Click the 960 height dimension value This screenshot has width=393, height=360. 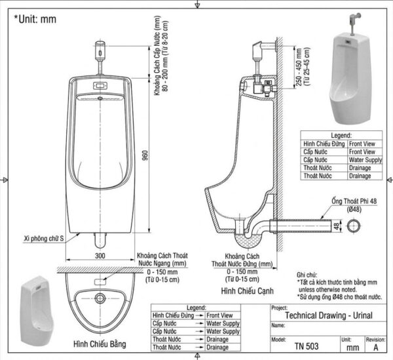tap(145, 155)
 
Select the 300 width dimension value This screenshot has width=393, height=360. tap(100, 256)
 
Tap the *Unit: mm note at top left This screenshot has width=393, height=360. tap(35, 19)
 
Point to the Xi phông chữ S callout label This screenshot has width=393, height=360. tap(44, 238)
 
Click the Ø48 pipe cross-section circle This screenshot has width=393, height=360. tap(354, 226)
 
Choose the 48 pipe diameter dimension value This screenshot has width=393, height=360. tap(337, 226)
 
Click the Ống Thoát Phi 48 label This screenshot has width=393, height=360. tap(354, 201)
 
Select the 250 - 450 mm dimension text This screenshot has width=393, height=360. tap(299, 67)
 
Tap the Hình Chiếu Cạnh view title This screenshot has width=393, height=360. tap(247, 291)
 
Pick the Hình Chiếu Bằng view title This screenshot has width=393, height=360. tap(100, 344)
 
